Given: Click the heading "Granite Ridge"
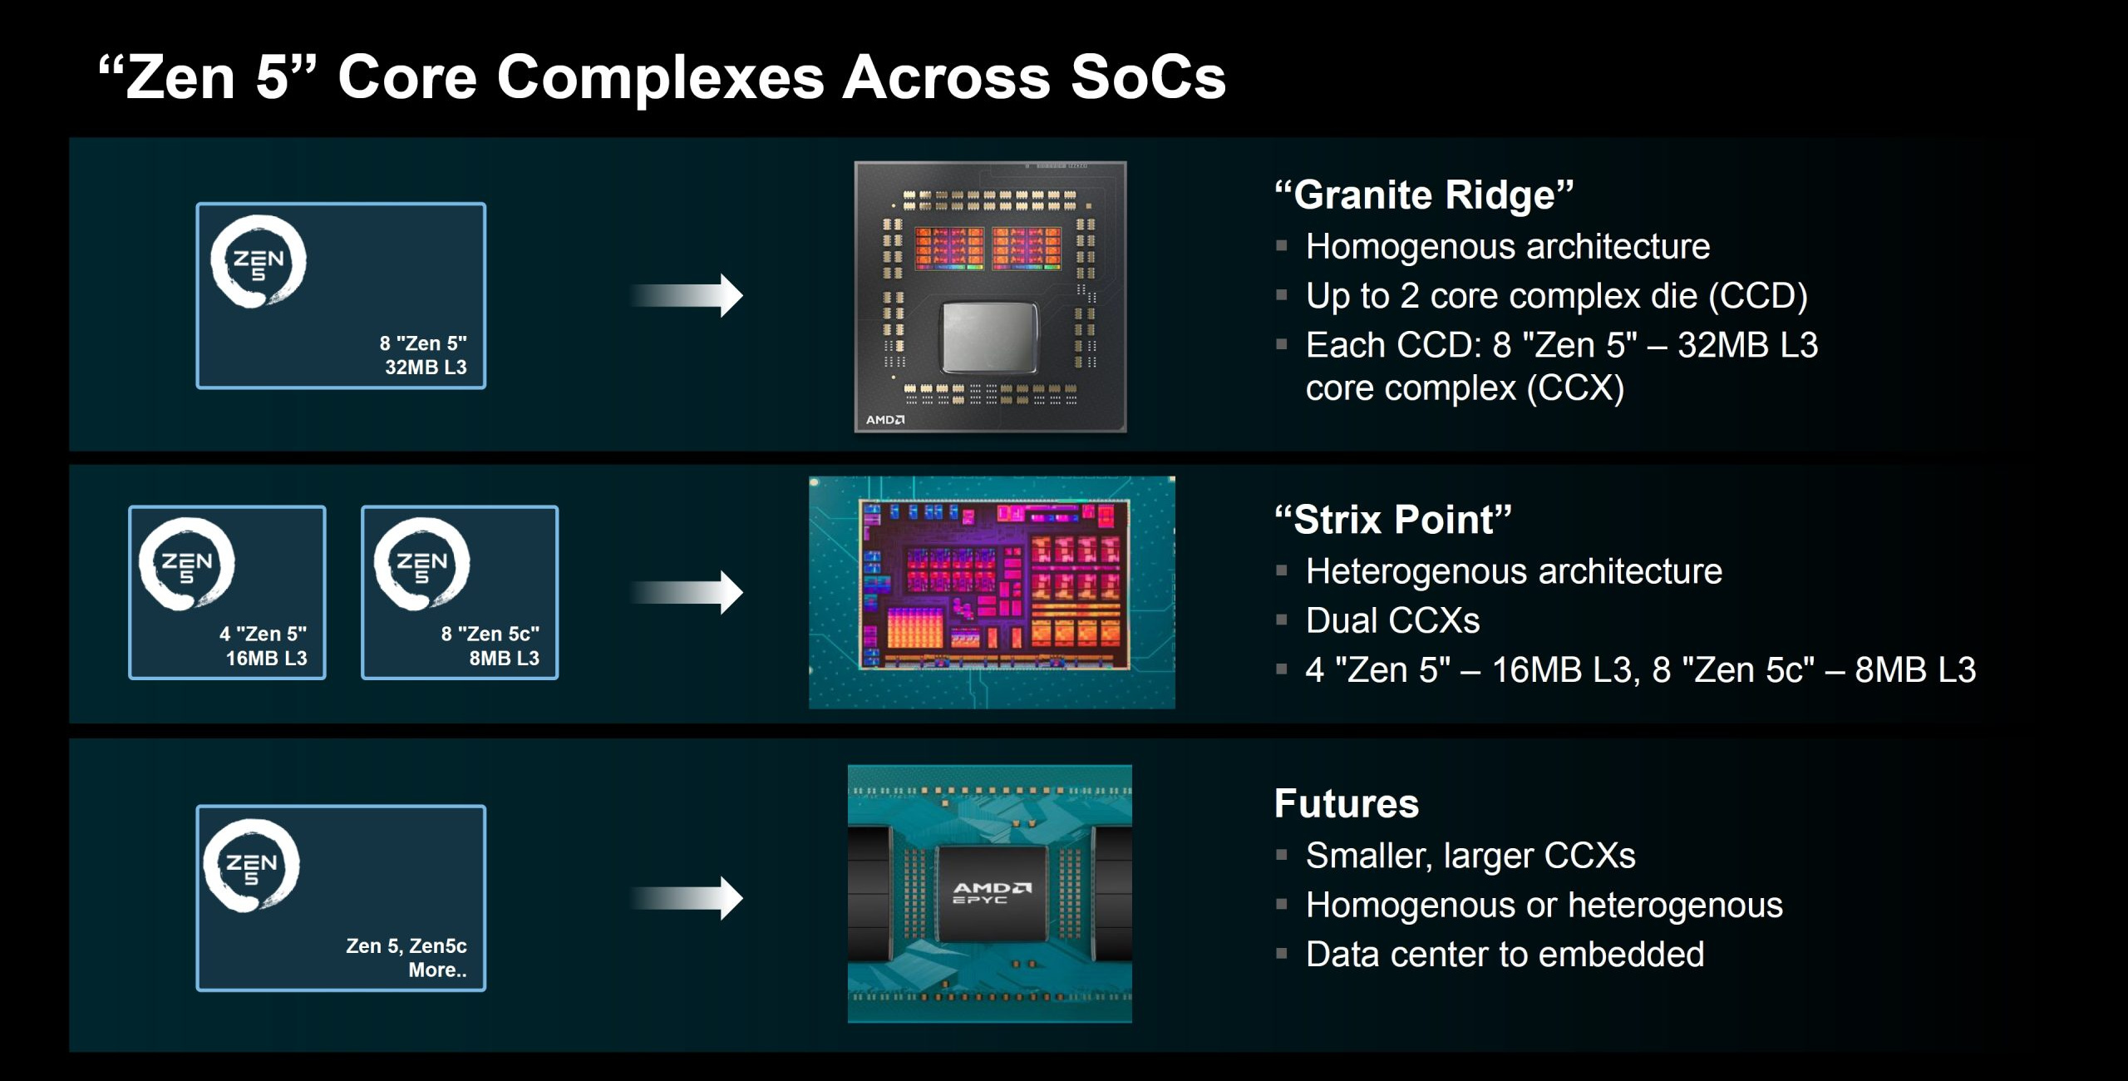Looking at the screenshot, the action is click(1424, 195).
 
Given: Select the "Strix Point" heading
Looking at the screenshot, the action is click(1393, 520).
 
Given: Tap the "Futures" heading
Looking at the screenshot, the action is click(1347, 803).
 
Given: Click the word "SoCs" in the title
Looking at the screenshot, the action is click(1148, 77).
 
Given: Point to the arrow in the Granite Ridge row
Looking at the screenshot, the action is click(686, 295).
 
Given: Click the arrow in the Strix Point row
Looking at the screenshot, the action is click(686, 592).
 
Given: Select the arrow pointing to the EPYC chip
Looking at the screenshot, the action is click(686, 898).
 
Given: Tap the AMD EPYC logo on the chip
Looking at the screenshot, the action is click(992, 892).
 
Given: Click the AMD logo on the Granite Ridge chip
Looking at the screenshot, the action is click(885, 420).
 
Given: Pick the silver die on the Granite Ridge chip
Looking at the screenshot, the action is click(989, 337).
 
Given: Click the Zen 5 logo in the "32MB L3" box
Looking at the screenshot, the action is click(259, 262).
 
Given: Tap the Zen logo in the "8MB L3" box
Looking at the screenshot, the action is click(421, 564).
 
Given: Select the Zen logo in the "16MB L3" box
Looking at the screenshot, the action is click(186, 564).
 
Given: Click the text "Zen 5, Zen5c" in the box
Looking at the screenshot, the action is click(406, 945).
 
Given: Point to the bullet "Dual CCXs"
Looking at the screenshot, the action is click(1392, 620).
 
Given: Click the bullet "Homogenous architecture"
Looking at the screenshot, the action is click(1508, 246).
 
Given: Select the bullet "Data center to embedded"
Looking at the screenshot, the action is click(1505, 954).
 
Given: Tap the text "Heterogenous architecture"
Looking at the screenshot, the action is click(1514, 571).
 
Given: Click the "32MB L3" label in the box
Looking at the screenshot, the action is click(426, 368).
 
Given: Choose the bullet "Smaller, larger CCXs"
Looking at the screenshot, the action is click(1470, 856).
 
